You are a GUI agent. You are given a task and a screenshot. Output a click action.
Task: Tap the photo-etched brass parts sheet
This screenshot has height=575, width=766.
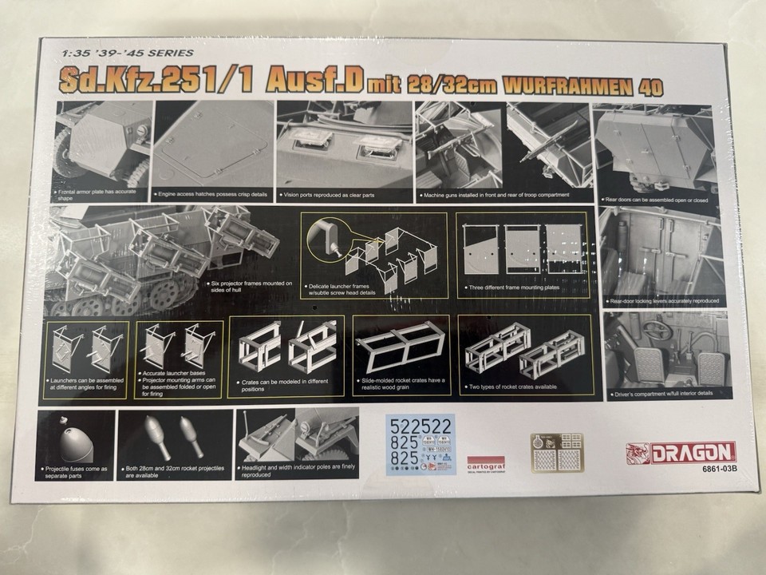[x=556, y=452]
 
